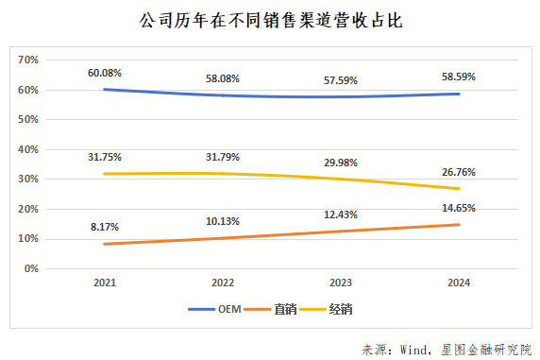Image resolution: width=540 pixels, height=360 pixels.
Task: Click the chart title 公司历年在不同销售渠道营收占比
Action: pos(270,21)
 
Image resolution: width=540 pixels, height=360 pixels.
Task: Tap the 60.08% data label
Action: pos(104,72)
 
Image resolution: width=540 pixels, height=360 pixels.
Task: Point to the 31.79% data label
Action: pos(223,156)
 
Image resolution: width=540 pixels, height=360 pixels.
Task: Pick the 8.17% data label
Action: pos(104,226)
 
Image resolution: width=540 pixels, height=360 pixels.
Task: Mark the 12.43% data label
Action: pos(341,216)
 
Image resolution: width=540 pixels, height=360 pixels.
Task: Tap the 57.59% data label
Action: pos(341,79)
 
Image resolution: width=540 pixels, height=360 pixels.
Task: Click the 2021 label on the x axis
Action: pos(104,283)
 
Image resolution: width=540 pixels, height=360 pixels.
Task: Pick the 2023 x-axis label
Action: pos(341,283)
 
